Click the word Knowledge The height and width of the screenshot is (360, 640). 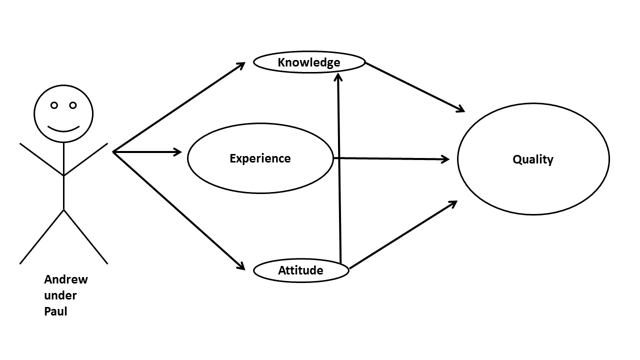pyautogui.click(x=308, y=62)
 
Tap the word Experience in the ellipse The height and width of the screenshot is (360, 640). pyautogui.click(x=260, y=158)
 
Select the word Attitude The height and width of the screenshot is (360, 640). pyautogui.click(x=300, y=270)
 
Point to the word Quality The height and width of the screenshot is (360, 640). pyautogui.click(x=533, y=159)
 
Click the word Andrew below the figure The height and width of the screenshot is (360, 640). pyautogui.click(x=65, y=279)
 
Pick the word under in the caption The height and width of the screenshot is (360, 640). pyautogui.click(x=60, y=295)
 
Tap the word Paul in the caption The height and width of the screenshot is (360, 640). pyautogui.click(x=55, y=311)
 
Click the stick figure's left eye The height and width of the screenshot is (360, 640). pyautogui.click(x=54, y=105)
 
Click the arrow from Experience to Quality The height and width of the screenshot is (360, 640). pyautogui.click(x=390, y=159)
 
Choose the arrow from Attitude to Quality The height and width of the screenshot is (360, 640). pyautogui.click(x=402, y=235)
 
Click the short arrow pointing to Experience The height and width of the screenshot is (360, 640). pyautogui.click(x=147, y=151)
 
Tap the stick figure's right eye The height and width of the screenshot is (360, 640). pyautogui.click(x=73, y=105)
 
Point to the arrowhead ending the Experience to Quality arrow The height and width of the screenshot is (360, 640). pyautogui.click(x=444, y=159)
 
